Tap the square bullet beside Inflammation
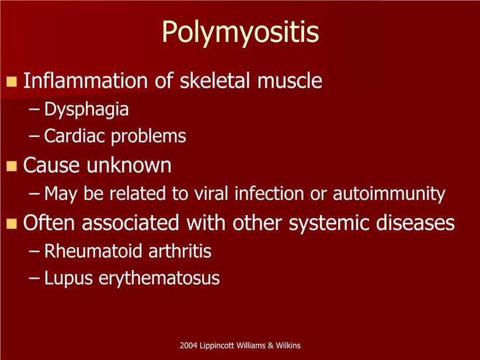tap(12, 81)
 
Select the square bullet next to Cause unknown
tap(12, 166)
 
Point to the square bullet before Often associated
tap(12, 224)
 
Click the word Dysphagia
tap(86, 110)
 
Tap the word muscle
tap(290, 81)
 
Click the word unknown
tap(129, 165)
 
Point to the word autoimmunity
tap(389, 194)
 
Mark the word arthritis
tap(180, 251)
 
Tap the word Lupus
tap(68, 279)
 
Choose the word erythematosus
tap(159, 279)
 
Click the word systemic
tap(329, 223)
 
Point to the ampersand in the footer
tap(270, 345)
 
